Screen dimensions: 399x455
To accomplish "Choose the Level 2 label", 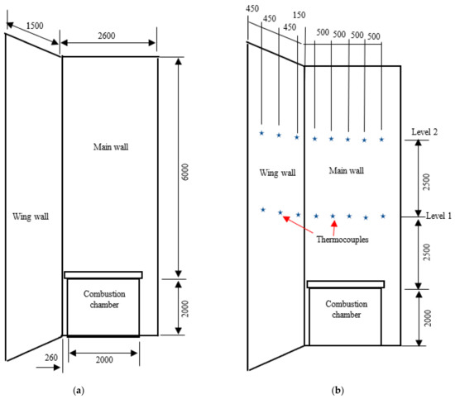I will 424,132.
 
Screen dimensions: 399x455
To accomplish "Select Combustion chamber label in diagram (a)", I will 103,299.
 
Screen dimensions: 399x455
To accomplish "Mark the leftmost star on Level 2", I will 261,133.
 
